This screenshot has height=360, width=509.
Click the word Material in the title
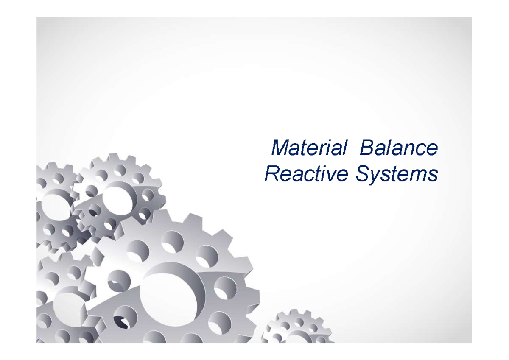pyautogui.click(x=308, y=148)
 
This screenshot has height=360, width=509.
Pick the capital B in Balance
pyautogui.click(x=366, y=148)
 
